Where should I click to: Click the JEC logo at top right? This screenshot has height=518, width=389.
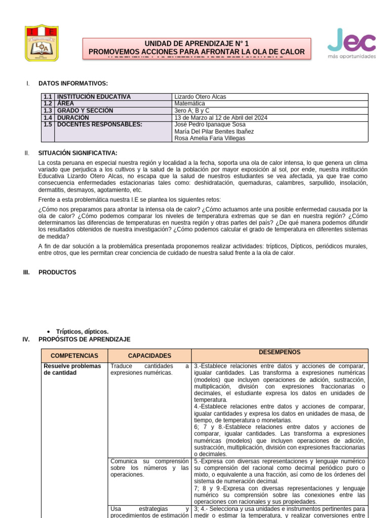pos(352,44)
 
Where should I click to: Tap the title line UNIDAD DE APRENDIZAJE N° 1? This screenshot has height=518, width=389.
pos(197,44)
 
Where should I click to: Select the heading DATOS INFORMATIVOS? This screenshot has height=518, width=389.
pos(73,83)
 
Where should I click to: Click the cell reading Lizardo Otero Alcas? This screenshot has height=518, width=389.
pos(200,97)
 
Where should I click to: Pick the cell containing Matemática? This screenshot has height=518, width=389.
pos(189,104)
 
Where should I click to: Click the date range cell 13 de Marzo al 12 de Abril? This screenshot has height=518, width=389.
pos(220,118)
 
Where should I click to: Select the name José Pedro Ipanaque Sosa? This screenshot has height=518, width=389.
pos(210,124)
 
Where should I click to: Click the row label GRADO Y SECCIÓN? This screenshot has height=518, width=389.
pos(85,111)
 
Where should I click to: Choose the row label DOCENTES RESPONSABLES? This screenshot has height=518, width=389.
pos(99,124)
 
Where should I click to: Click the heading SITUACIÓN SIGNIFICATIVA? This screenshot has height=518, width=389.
pos(77,153)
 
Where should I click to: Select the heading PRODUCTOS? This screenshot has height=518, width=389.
pos(57,272)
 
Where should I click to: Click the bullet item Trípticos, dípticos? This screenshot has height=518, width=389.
pos(82,331)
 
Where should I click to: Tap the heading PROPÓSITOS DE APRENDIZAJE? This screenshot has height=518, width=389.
pos(84,339)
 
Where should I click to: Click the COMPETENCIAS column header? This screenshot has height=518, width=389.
pos(74,356)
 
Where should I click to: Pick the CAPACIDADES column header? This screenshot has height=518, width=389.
pos(149,356)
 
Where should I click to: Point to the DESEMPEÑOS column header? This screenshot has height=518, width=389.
pos(280,353)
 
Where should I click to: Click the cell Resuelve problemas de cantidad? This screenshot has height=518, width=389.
pos(72,369)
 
